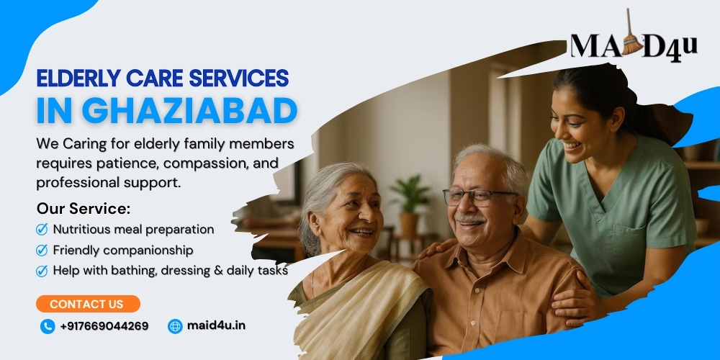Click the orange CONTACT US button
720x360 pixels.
[88, 304]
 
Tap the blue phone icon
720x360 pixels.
[48, 326]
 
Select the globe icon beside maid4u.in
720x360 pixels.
[175, 326]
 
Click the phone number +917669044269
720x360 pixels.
[104, 326]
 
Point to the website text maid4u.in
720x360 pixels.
[216, 325]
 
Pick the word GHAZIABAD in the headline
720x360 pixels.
[189, 111]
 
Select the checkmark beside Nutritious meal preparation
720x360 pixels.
[42, 229]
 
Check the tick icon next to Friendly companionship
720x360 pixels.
[42, 251]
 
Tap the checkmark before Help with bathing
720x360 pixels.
[42, 271]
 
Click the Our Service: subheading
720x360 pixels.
[84, 209]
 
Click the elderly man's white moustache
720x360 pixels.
[469, 220]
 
